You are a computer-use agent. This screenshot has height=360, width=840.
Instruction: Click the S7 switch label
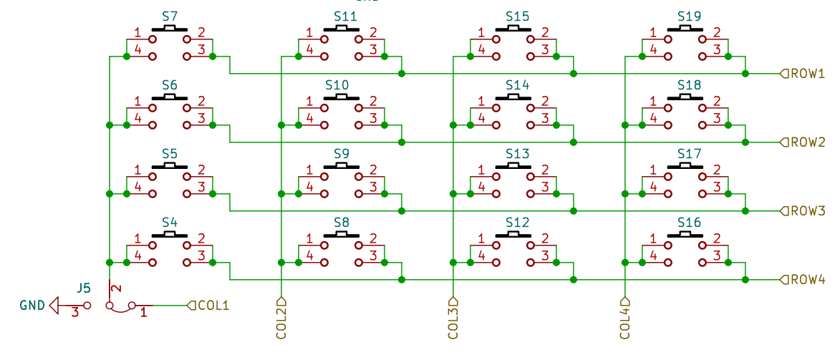pyautogui.click(x=170, y=16)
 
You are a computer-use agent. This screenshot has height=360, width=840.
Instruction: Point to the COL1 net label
pyautogui.click(x=213, y=306)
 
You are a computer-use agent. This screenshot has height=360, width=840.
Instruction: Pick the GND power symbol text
pyautogui.click(x=32, y=306)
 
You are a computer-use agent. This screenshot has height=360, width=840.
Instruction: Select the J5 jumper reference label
pyautogui.click(x=84, y=288)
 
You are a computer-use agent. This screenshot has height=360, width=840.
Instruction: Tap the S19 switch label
pyautogui.click(x=689, y=16)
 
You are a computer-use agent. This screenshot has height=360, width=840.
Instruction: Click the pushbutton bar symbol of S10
pyautogui.click(x=342, y=97)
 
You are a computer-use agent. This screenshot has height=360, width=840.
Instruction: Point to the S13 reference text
pyautogui.click(x=517, y=154)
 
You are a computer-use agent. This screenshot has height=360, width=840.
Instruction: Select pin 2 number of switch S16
pyautogui.click(x=717, y=238)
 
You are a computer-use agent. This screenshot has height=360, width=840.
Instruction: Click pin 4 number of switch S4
pyautogui.click(x=137, y=256)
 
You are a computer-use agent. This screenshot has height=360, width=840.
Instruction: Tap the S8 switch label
pyautogui.click(x=342, y=222)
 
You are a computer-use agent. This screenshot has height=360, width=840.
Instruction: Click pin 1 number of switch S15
pyautogui.click(x=481, y=32)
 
